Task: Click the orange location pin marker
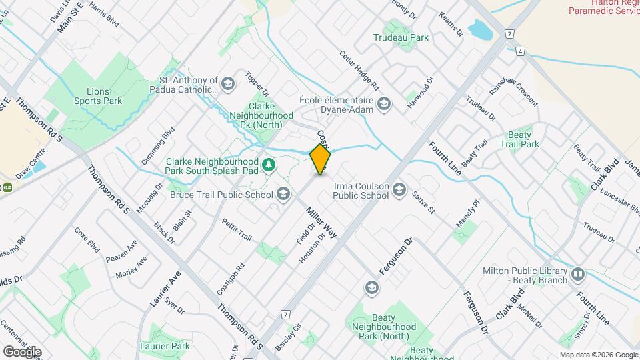320,159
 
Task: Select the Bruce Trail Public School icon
283,194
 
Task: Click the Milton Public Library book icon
577,273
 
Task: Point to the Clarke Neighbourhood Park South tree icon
269,164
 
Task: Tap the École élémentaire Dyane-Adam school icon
383,103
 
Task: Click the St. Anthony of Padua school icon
228,84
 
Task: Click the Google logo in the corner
22,351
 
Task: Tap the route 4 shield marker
520,50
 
